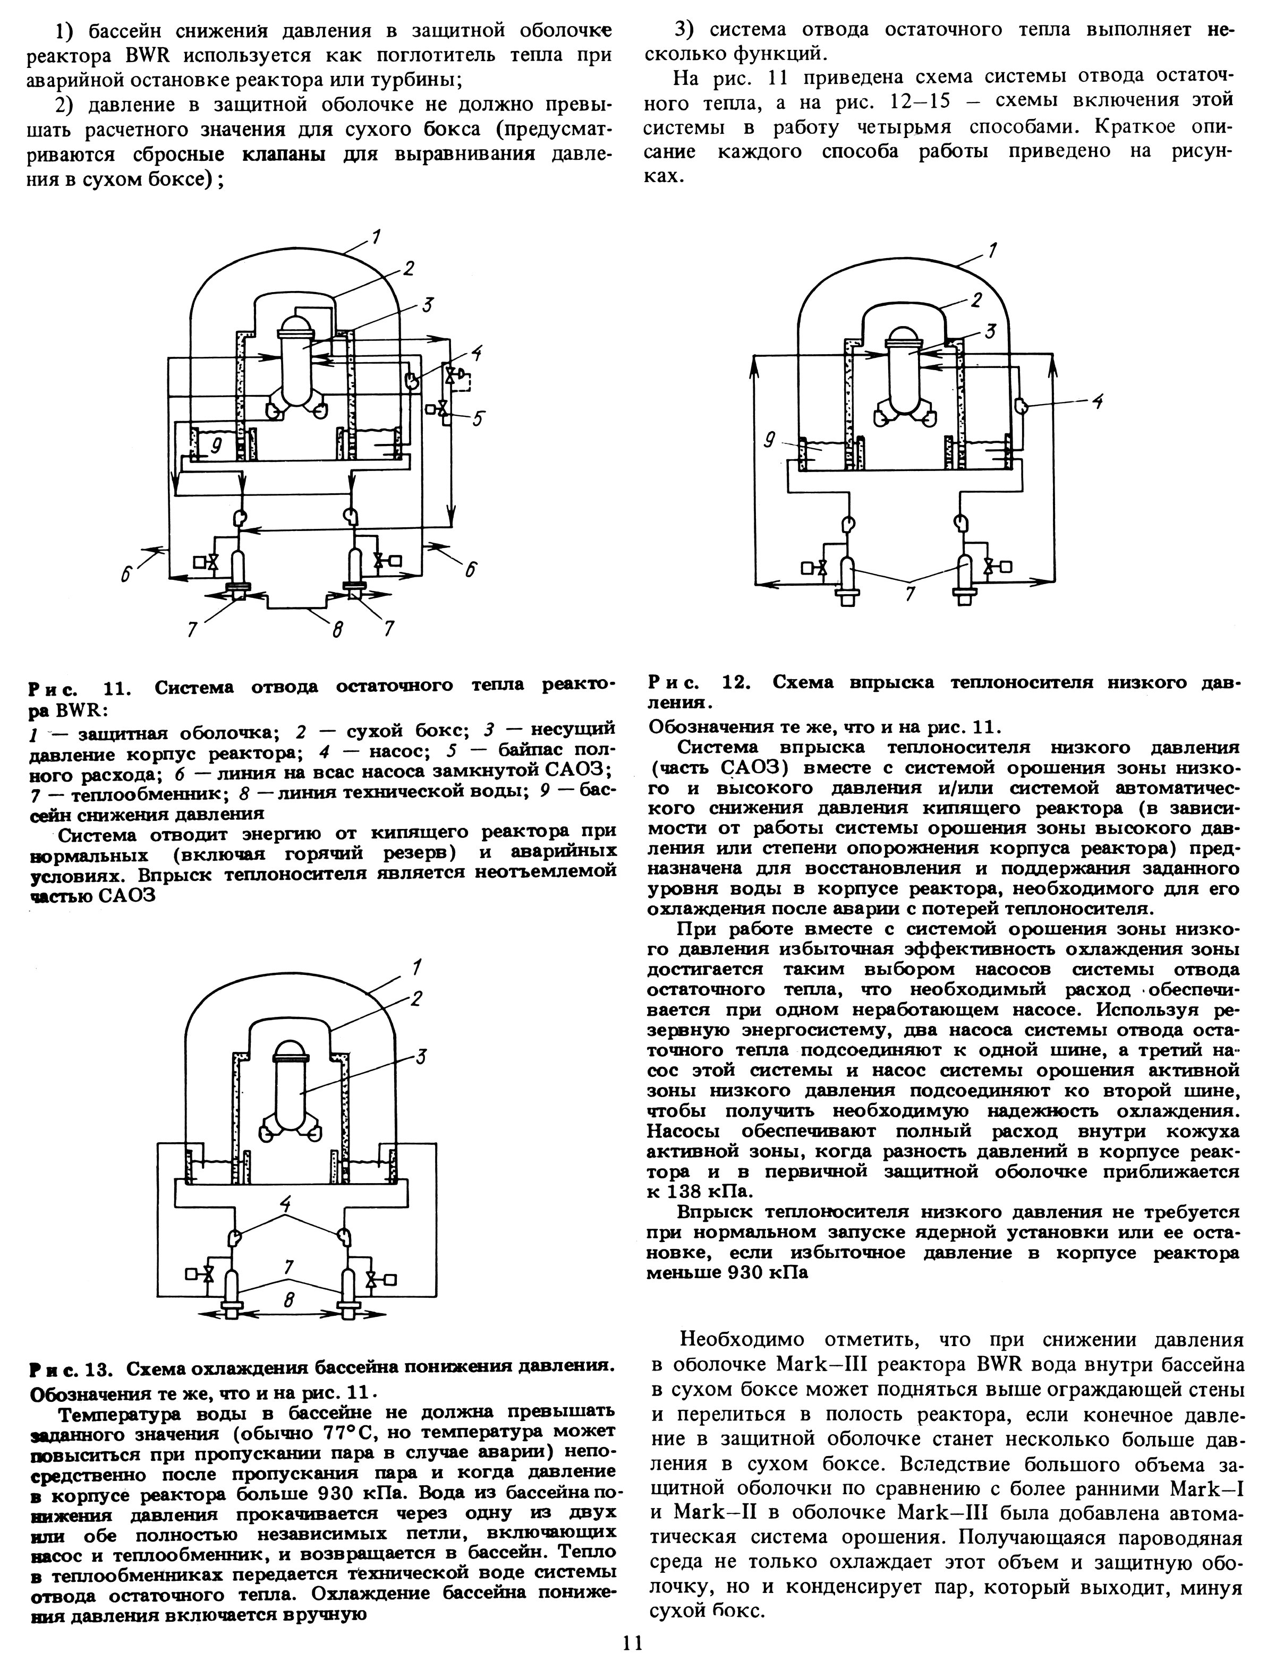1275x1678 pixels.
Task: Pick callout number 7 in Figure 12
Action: click(909, 594)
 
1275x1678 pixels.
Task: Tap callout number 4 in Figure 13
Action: click(285, 1202)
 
